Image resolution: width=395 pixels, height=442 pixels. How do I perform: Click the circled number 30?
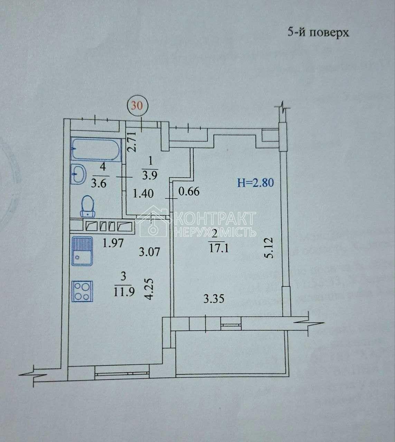(137, 106)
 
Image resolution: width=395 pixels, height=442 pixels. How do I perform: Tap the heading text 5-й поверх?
(318, 32)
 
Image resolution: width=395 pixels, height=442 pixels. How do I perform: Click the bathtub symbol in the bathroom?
(96, 149)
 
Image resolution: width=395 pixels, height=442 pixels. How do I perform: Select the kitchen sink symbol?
(82, 251)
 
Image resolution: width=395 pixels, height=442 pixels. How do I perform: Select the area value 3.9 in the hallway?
(150, 175)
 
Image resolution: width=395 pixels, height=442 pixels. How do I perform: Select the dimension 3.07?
(149, 252)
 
